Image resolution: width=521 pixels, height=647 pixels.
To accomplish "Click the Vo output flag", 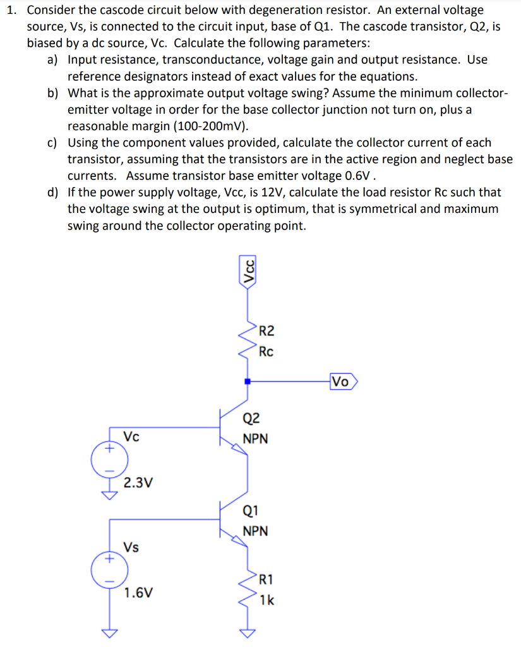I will coord(344,382).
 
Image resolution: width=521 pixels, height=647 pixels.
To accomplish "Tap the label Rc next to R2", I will coord(266,351).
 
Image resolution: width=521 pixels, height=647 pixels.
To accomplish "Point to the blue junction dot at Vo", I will coord(248,382).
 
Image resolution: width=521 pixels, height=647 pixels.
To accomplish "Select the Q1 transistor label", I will coord(251,511).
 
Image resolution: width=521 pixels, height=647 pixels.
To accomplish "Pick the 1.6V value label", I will coord(138,593).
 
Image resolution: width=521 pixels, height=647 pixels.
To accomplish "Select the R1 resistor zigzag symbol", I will coord(248,587).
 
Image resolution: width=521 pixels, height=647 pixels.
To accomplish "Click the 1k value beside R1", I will coord(266,600).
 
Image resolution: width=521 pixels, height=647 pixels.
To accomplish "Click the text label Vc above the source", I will coord(131,437).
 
